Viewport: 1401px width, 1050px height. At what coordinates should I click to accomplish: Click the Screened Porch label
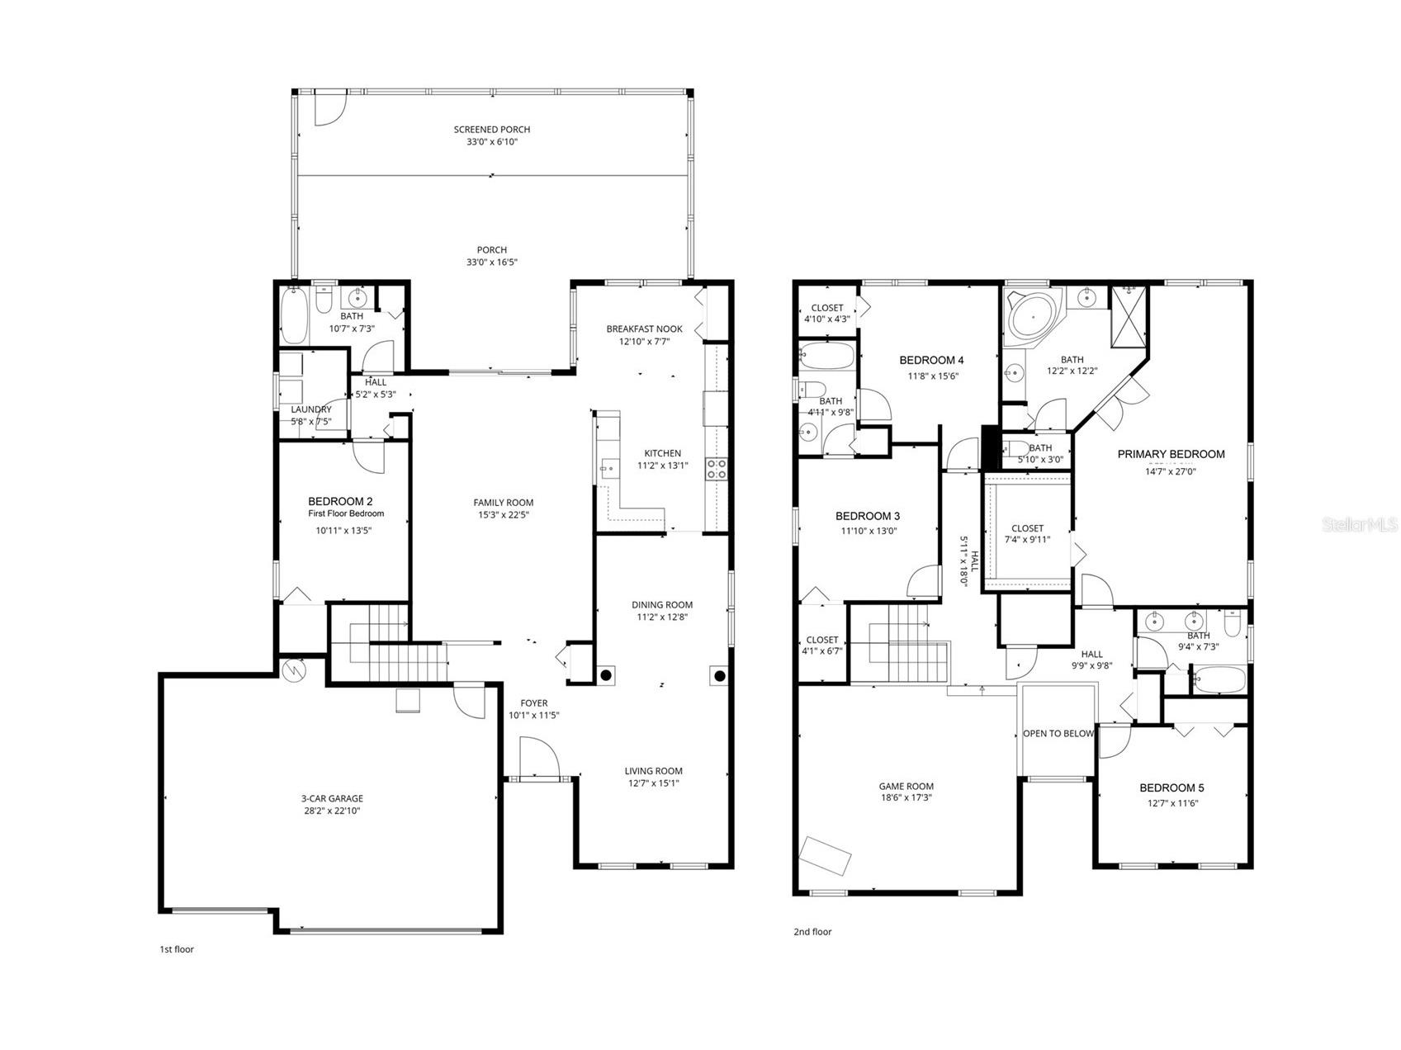pos(491,130)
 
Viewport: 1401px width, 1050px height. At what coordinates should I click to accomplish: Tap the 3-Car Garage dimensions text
pos(332,811)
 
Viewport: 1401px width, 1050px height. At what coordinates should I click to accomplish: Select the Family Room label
pos(503,502)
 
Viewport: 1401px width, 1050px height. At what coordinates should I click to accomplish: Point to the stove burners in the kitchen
pos(716,469)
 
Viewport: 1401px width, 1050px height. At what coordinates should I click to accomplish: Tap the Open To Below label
pos(1058,733)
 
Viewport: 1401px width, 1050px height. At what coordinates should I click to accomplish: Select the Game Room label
pos(906,786)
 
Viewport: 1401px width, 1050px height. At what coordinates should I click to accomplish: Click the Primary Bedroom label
pos(1171,454)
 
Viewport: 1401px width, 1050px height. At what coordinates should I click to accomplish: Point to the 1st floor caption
pos(177,949)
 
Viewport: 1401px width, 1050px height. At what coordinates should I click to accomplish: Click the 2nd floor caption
pos(812,932)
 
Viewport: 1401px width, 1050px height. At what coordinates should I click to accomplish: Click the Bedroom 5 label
pos(1171,787)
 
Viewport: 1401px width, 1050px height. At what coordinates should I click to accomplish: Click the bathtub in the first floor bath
pos(293,315)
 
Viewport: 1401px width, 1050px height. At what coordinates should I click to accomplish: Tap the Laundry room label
pos(311,409)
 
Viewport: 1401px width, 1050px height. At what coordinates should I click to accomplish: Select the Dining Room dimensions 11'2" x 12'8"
pos(661,617)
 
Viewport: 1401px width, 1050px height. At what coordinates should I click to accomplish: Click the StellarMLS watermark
pos(1359,524)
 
